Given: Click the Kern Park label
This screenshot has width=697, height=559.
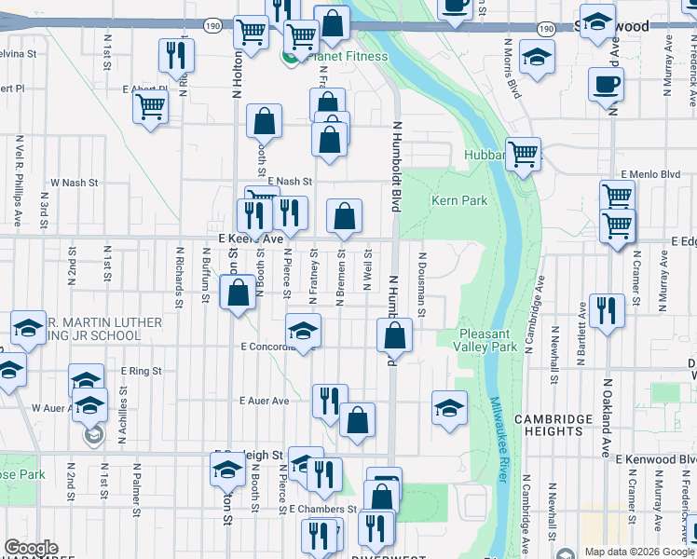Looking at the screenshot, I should point(459,200).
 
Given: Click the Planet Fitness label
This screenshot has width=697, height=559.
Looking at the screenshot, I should point(347,56).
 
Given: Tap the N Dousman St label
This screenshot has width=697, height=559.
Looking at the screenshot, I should point(422,284).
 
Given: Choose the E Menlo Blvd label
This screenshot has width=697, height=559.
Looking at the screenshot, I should point(652,174).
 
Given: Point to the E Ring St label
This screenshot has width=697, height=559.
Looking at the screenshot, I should point(141,371).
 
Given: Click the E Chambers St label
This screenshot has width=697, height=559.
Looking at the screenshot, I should point(322,510).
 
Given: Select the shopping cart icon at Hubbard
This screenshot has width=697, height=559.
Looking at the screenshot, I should point(523,153).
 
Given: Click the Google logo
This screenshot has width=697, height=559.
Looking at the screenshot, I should point(31,548).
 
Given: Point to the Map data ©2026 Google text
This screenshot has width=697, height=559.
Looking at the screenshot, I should point(639,552).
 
